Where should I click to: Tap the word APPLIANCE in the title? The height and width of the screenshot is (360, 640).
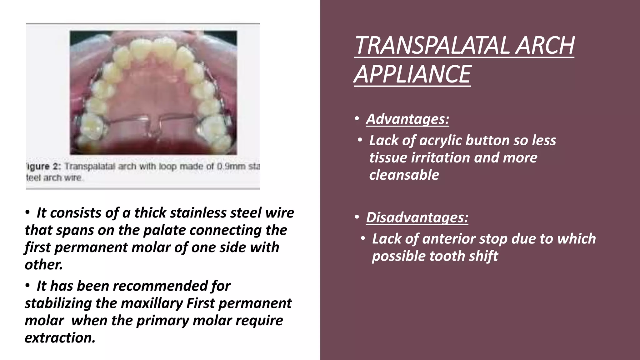412,74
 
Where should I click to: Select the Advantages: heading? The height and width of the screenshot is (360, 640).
407,119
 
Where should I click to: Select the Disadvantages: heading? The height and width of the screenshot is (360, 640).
417,217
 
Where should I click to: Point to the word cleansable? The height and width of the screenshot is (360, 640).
404,175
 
